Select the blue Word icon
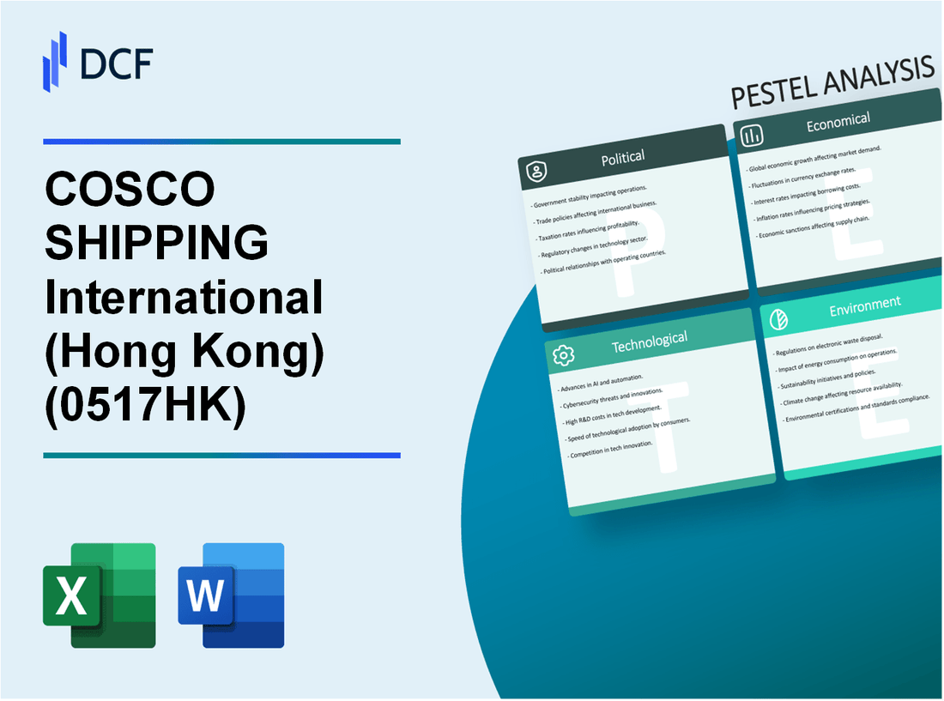[x=231, y=595]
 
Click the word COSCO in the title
[x=130, y=190]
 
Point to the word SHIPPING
[x=156, y=244]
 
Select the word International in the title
[x=185, y=297]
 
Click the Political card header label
[x=624, y=157]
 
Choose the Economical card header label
[x=838, y=123]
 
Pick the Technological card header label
[x=649, y=342]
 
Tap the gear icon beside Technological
[x=564, y=355]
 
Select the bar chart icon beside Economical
[x=752, y=136]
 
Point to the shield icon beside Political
[x=535, y=172]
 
